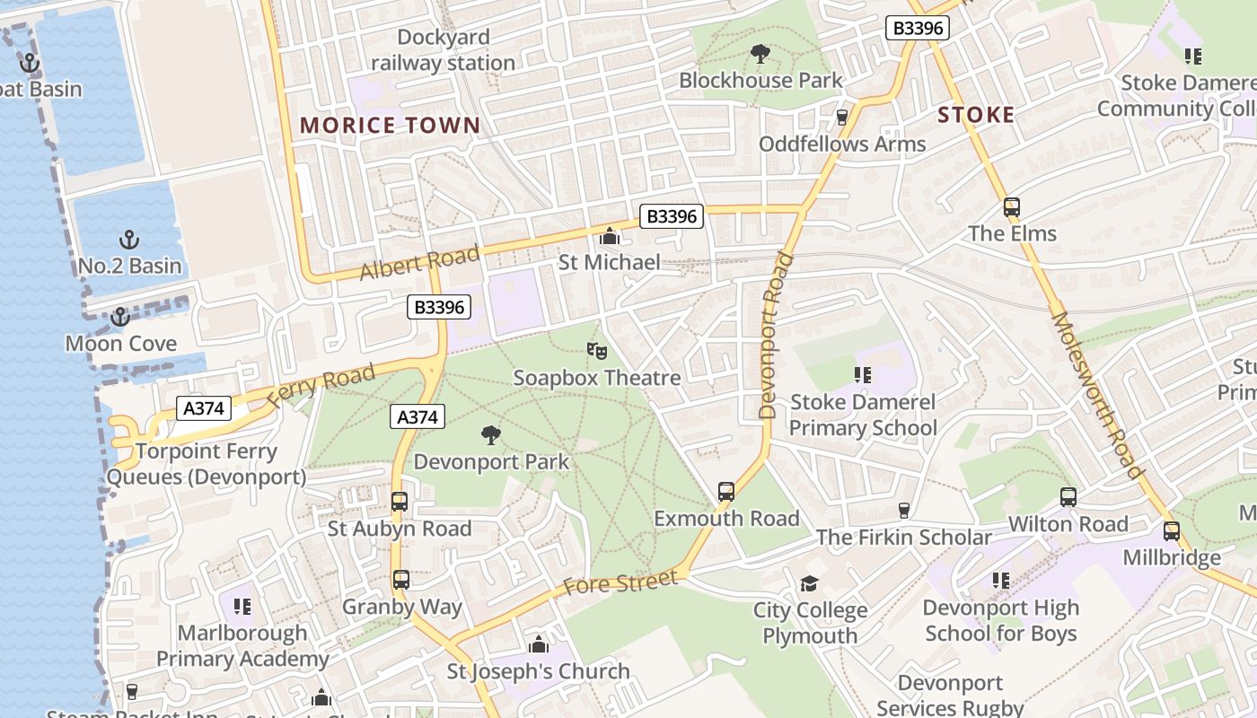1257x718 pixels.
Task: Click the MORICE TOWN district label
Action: coord(390,126)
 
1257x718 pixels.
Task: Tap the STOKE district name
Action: coord(976,115)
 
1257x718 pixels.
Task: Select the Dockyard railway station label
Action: coord(444,50)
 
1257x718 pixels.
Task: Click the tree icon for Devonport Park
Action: coord(490,436)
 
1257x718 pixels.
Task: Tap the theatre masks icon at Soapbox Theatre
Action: coord(596,351)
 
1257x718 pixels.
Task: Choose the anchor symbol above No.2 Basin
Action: coord(130,240)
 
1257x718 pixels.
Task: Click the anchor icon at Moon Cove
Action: coord(119,317)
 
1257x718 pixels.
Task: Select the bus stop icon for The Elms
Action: coord(1012,207)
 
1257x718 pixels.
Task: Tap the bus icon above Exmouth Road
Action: coord(726,492)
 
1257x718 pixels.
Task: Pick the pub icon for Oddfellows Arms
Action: coord(842,118)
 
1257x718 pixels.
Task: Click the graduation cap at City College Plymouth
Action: coord(810,584)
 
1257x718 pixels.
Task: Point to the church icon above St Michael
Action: coord(610,237)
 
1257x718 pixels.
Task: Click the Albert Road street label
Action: coord(419,262)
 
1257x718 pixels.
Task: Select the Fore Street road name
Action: coord(620,583)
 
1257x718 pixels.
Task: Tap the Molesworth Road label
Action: coord(1097,395)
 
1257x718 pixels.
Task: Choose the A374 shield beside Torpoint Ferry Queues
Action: coord(203,408)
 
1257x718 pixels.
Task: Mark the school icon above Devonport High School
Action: coord(1001,581)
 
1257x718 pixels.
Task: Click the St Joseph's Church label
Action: coord(539,671)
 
